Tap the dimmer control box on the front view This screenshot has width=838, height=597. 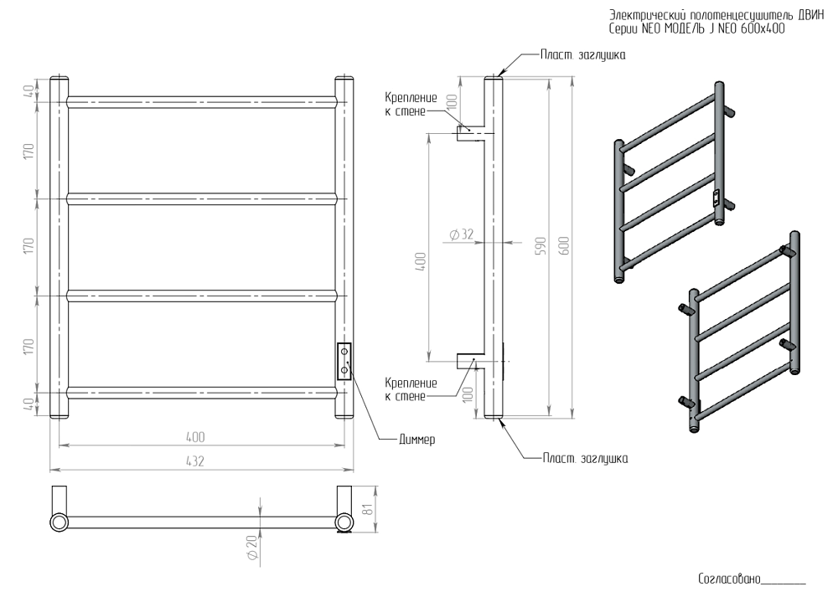tap(344, 361)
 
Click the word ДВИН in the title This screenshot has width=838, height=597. tap(812, 14)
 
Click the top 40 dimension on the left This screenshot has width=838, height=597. tap(28, 89)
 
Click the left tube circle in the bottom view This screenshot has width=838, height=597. tap(59, 522)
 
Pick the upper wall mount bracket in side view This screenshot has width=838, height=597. tap(468, 132)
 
